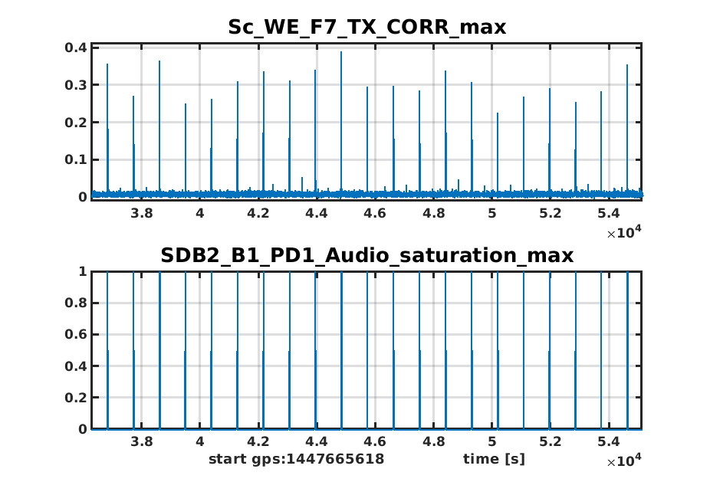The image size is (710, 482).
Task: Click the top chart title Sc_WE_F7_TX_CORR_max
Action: (x=367, y=28)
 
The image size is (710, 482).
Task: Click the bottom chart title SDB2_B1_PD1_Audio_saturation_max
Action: (x=367, y=256)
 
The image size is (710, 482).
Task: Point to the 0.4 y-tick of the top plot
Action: (x=77, y=48)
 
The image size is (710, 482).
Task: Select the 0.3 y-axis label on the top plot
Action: (x=77, y=85)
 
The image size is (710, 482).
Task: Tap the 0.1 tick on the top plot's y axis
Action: (x=77, y=160)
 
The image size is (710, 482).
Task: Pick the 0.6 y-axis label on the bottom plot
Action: (x=77, y=335)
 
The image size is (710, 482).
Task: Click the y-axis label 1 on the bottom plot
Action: (x=83, y=271)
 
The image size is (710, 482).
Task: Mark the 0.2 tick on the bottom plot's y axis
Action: (x=77, y=398)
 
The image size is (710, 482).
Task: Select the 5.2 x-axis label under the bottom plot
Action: (x=551, y=441)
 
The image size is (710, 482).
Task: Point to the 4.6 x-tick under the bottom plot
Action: (x=375, y=441)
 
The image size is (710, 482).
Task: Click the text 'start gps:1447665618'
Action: (x=296, y=459)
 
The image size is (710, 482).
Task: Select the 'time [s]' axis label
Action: (x=494, y=459)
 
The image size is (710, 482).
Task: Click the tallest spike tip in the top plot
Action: (x=341, y=52)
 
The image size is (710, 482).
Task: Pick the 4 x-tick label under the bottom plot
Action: (x=199, y=441)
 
